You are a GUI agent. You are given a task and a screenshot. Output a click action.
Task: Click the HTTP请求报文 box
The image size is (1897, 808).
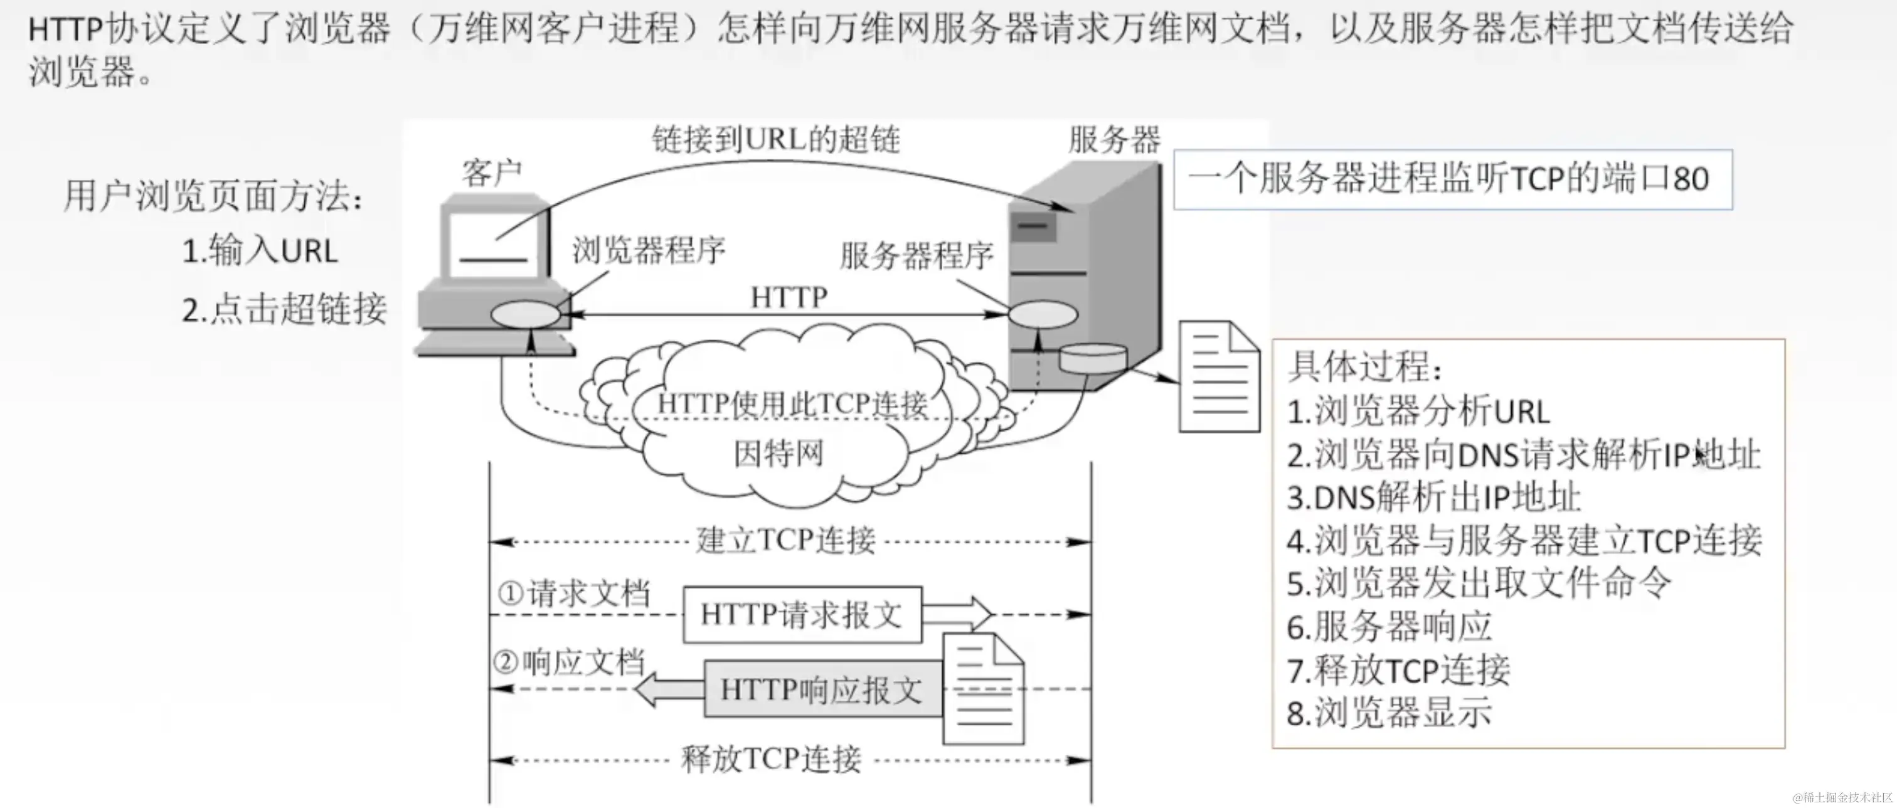802,614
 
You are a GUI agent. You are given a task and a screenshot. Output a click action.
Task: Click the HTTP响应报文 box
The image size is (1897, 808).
822,689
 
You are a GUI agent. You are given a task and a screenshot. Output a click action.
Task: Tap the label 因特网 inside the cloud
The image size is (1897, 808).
778,453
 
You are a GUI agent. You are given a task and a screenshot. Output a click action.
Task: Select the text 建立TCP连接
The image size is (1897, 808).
786,541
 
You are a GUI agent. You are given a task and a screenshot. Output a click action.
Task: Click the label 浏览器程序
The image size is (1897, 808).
649,250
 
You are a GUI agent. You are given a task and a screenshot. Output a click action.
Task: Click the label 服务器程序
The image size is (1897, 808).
917,257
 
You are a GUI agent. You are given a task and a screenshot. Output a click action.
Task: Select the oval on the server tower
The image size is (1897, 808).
1043,316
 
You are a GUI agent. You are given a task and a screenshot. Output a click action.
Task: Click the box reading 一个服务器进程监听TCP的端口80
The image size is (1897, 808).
1452,179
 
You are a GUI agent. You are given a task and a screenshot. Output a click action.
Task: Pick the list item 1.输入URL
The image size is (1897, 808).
260,251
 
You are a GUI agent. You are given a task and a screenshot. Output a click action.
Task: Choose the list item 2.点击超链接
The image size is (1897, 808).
284,309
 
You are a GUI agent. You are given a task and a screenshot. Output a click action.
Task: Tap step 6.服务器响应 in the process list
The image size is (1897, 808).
1389,627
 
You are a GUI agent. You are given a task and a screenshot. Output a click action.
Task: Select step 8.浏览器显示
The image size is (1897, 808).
1389,714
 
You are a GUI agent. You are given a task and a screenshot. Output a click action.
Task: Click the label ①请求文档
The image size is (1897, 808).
575,593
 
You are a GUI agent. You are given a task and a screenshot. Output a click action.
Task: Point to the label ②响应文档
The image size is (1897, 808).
569,663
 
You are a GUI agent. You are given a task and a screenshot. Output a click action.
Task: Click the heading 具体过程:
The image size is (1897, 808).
1364,367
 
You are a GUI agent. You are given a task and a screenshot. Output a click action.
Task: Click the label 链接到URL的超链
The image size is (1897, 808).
776,139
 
